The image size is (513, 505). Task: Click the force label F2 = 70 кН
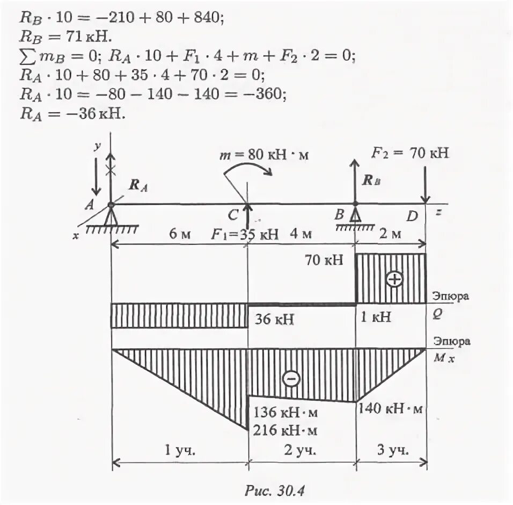coord(410,154)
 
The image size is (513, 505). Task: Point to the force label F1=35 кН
coord(244,235)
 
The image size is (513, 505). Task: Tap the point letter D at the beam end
coord(412,217)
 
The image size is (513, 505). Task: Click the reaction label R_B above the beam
coord(370,181)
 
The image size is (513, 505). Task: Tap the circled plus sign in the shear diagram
coord(394,279)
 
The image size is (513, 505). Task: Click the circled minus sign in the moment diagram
coord(291,379)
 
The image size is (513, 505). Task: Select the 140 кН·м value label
coord(391,409)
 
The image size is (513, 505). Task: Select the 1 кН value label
coord(375,318)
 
